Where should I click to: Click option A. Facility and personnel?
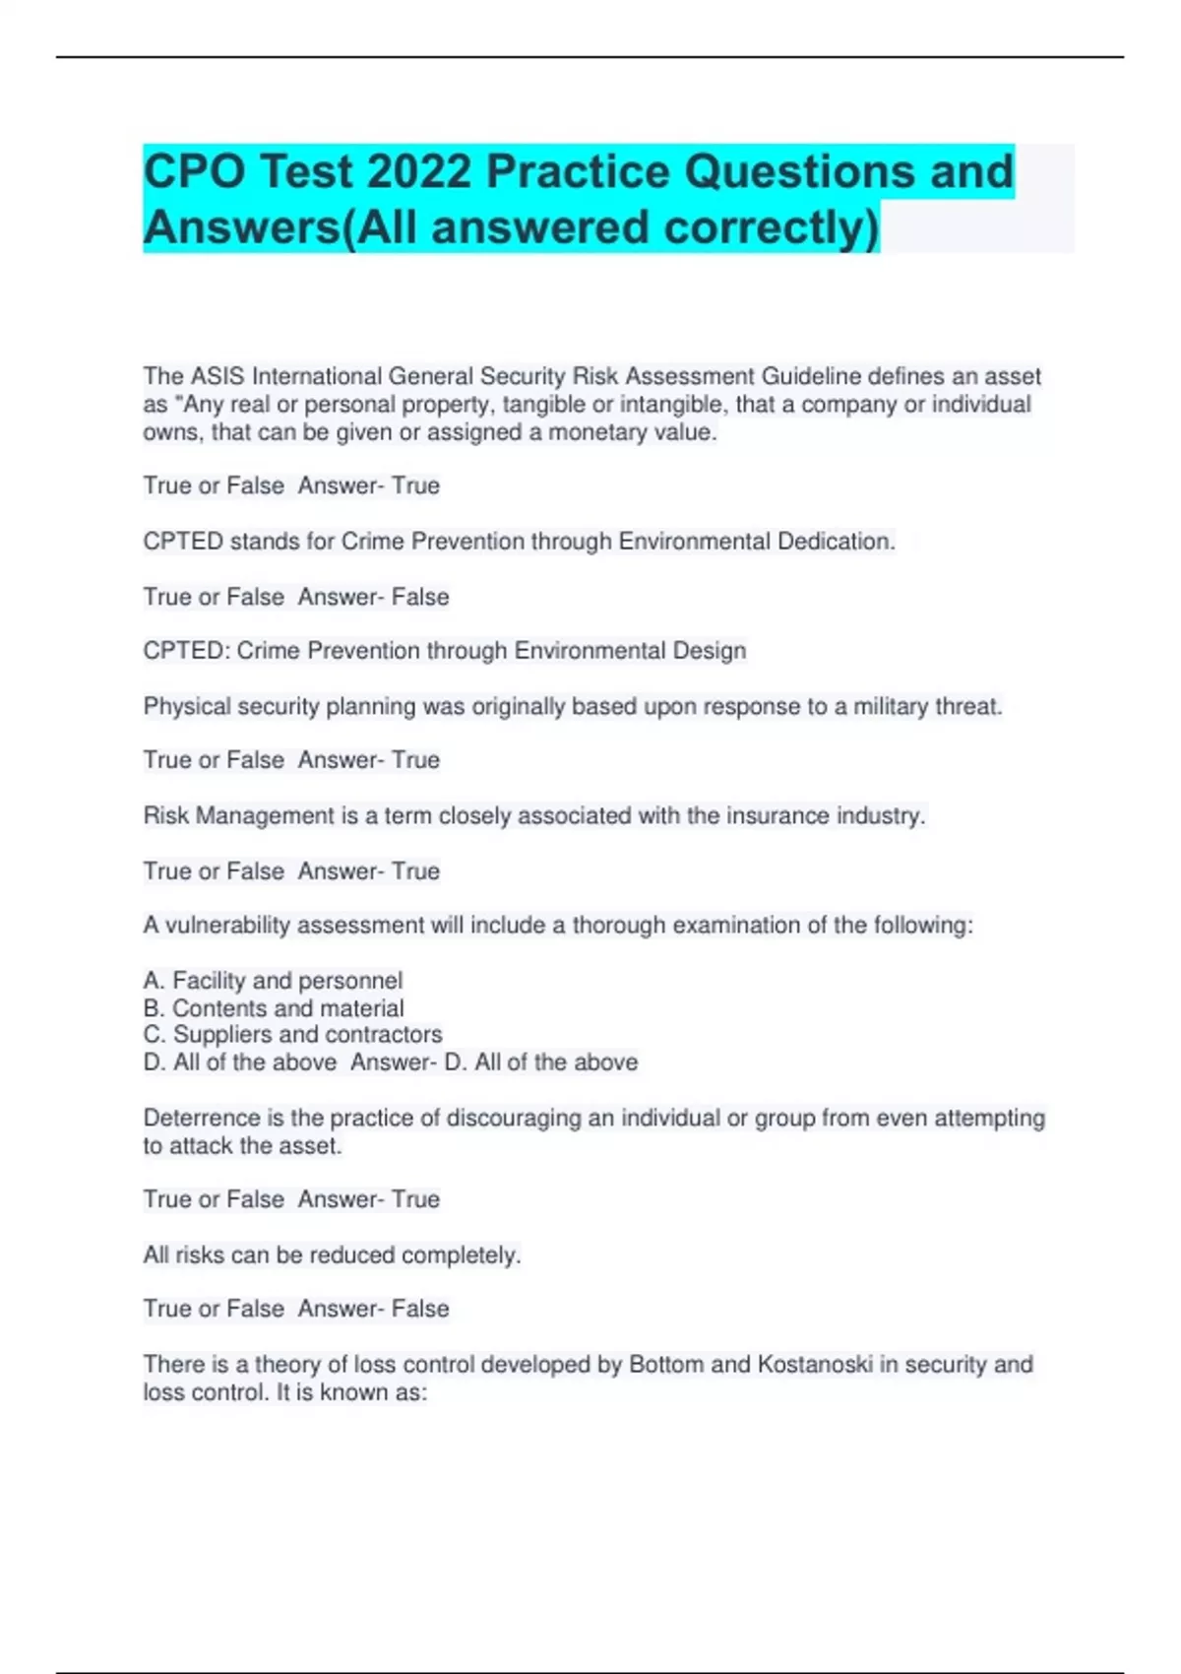point(273,981)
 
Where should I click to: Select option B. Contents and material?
point(274,1008)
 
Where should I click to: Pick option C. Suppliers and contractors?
point(292,1035)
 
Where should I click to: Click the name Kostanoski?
point(815,1364)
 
